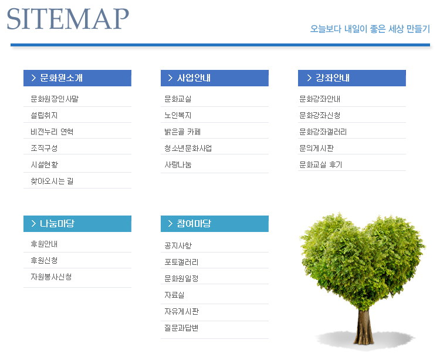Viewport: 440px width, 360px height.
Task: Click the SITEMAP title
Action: point(67,19)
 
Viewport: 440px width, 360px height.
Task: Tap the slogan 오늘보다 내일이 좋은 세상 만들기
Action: point(370,29)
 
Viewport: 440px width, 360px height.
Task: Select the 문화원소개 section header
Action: point(77,78)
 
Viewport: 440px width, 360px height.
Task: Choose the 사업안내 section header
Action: point(214,78)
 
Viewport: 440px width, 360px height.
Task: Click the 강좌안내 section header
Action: point(351,78)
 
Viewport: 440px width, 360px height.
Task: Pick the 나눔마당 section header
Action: point(77,224)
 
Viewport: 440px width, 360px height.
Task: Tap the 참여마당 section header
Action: point(214,224)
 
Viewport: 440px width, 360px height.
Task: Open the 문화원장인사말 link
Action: point(55,99)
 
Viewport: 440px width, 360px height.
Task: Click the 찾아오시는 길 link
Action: point(52,181)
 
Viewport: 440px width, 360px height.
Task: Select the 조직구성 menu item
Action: point(44,148)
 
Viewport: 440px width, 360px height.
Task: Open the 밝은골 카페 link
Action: point(182,132)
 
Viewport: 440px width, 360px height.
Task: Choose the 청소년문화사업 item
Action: point(188,148)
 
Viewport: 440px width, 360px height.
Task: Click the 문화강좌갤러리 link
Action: point(323,132)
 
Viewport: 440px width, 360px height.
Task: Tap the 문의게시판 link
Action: point(317,148)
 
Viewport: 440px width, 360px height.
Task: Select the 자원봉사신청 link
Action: point(51,277)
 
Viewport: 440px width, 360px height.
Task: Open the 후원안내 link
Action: point(44,244)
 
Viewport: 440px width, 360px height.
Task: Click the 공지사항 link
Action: point(178,245)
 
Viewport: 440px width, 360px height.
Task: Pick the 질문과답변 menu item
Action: point(181,328)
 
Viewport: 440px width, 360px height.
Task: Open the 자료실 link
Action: point(174,295)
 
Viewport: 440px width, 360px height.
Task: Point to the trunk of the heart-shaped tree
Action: point(364,327)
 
